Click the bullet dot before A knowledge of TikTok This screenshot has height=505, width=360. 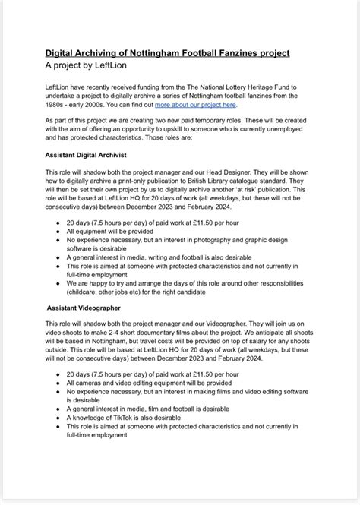[x=58, y=418]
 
